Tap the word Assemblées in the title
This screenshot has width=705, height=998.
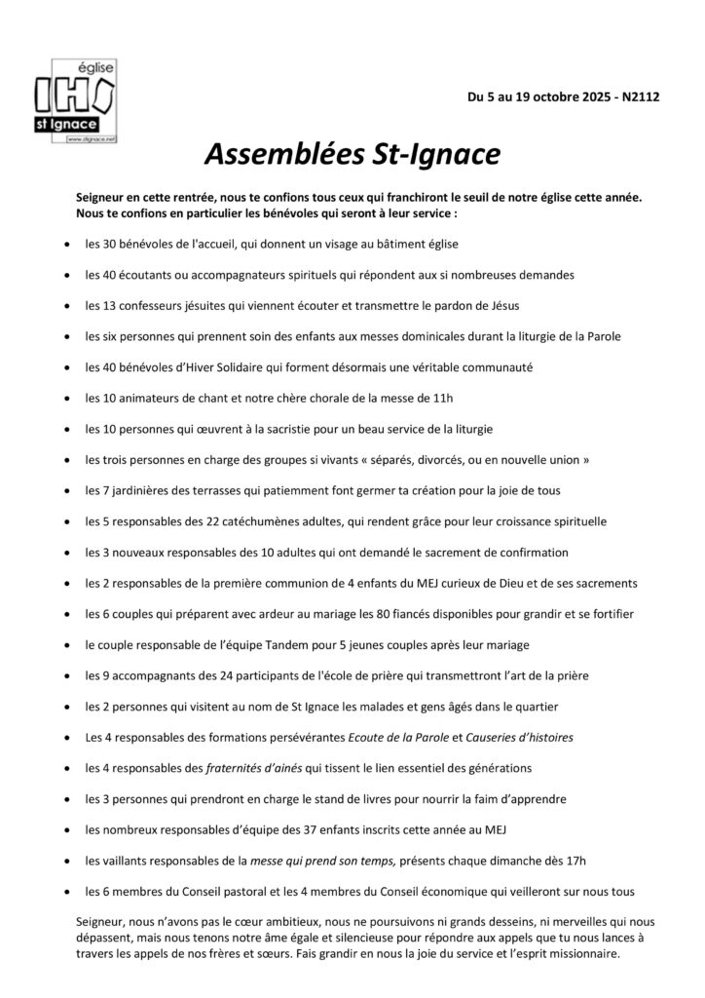[x=280, y=154]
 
